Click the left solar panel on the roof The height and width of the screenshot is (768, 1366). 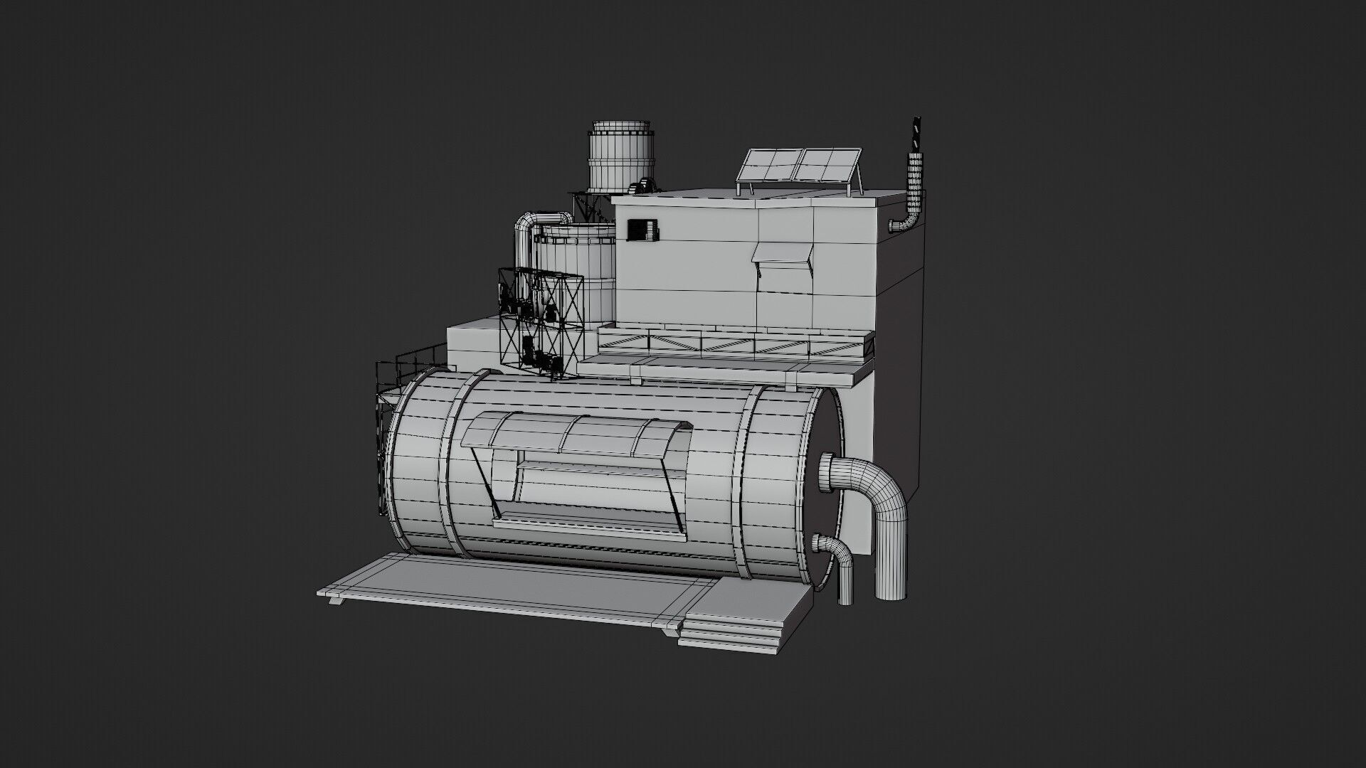tap(768, 166)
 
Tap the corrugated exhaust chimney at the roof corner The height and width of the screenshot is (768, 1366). tap(914, 185)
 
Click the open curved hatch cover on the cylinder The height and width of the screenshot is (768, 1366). tap(576, 434)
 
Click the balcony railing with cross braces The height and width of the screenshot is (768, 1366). tap(733, 346)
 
